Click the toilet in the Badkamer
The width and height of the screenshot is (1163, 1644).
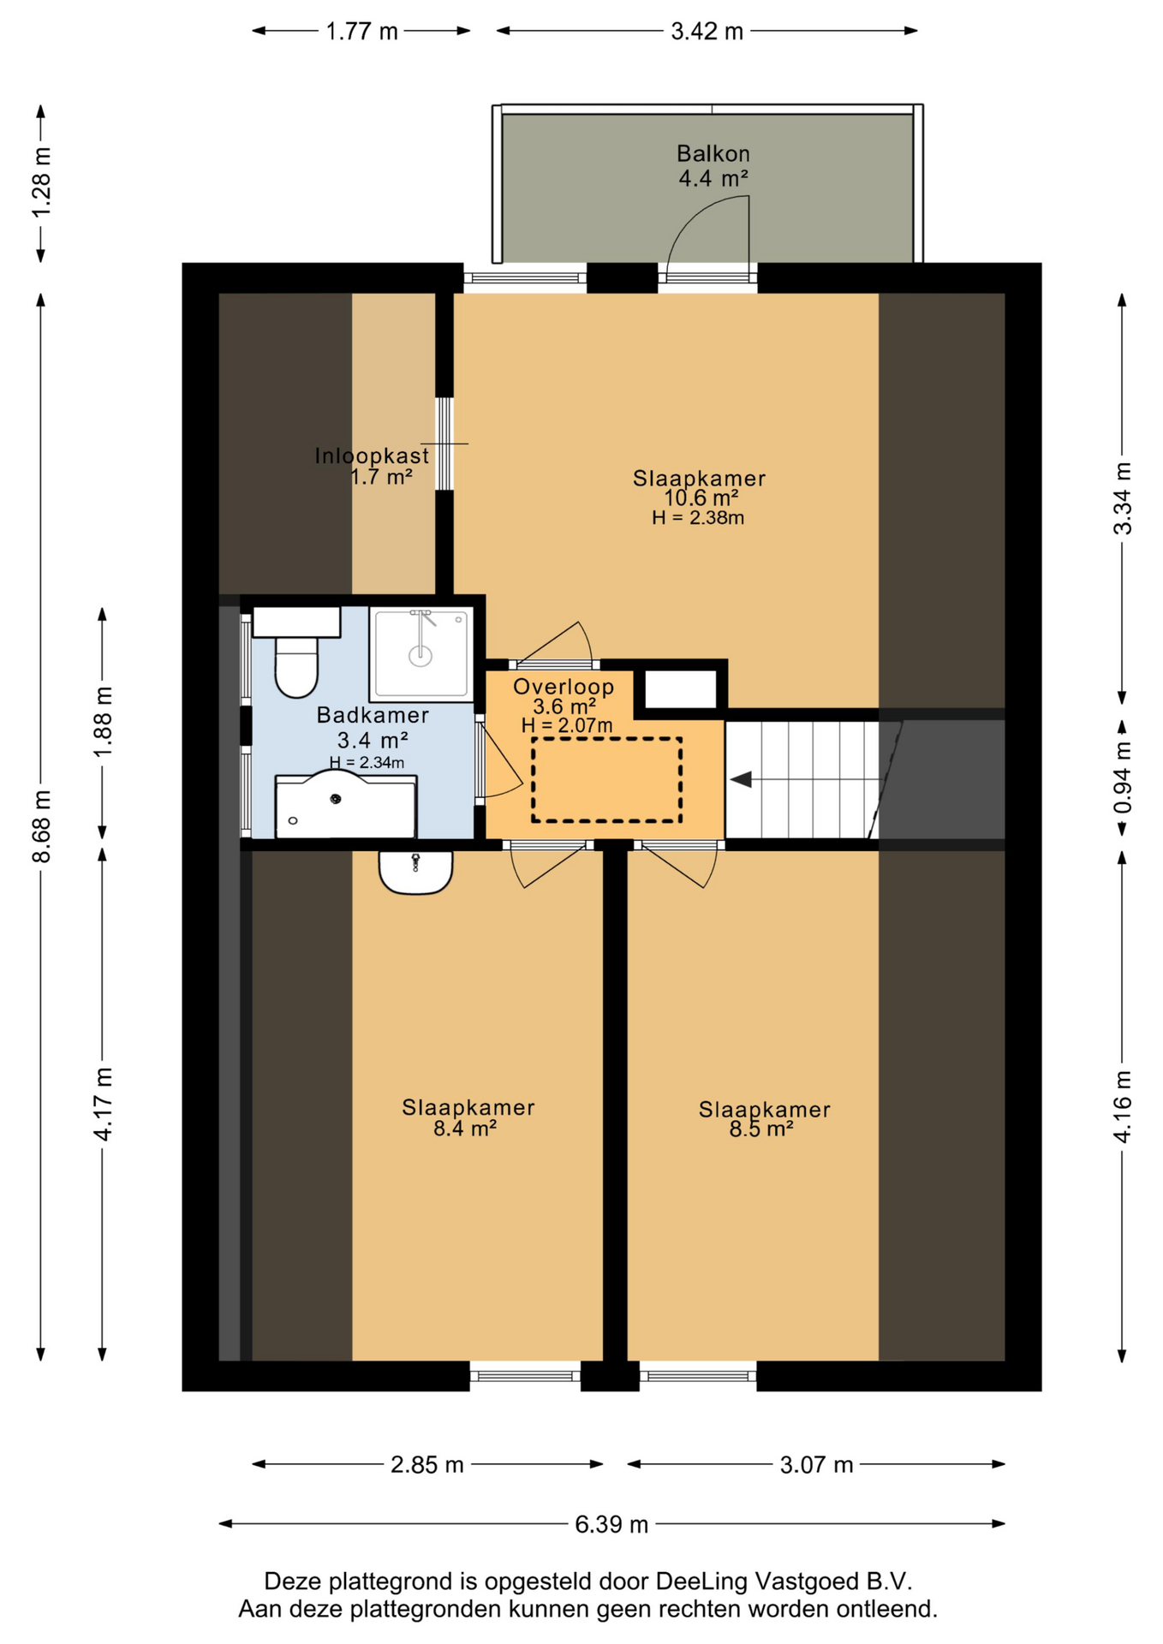tap(296, 652)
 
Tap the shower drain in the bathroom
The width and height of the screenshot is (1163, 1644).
tap(420, 657)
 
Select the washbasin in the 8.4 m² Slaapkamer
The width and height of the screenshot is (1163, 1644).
tap(415, 872)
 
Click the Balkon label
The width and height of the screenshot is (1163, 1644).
tap(713, 154)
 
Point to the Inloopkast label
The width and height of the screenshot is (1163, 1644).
tap(372, 456)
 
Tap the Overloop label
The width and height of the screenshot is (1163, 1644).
tap(564, 687)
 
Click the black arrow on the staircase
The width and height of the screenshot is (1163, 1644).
tap(741, 779)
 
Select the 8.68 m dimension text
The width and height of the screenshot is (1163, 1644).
tap(42, 826)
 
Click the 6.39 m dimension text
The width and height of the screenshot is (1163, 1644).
tap(611, 1524)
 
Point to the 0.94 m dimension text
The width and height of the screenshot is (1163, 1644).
tap(1122, 777)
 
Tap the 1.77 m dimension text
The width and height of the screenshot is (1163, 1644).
tap(361, 32)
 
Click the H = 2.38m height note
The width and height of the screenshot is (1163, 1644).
tap(698, 517)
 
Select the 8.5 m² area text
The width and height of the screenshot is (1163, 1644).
tap(761, 1129)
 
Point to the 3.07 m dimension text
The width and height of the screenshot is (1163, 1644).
tap(816, 1464)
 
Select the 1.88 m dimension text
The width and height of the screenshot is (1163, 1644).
tap(103, 722)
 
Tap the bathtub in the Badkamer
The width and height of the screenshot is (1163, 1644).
tap(346, 804)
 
